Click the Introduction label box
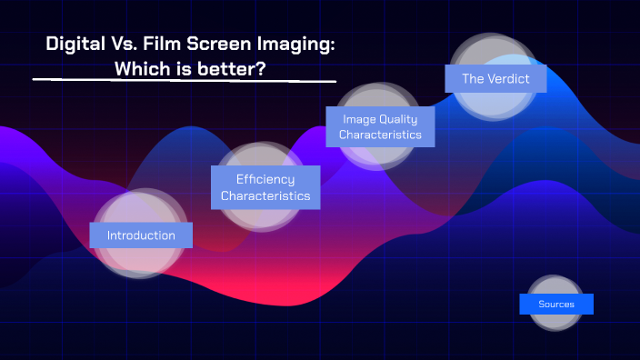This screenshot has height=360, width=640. pyautogui.click(x=141, y=235)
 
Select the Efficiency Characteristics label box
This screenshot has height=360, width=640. pyautogui.click(x=265, y=187)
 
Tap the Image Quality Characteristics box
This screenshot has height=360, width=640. pyautogui.click(x=380, y=126)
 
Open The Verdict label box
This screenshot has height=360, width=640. pyautogui.click(x=495, y=78)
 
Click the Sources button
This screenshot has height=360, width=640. pyautogui.click(x=556, y=304)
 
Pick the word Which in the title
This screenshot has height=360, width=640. pyautogui.click(x=143, y=68)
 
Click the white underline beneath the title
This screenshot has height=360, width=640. pyautogui.click(x=182, y=81)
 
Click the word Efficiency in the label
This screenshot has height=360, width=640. pyautogui.click(x=265, y=179)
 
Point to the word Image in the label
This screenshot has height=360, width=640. pyautogui.click(x=358, y=119)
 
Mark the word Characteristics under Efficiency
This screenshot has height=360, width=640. pyautogui.click(x=265, y=195)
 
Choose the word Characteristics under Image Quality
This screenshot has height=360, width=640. pyautogui.click(x=380, y=135)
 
